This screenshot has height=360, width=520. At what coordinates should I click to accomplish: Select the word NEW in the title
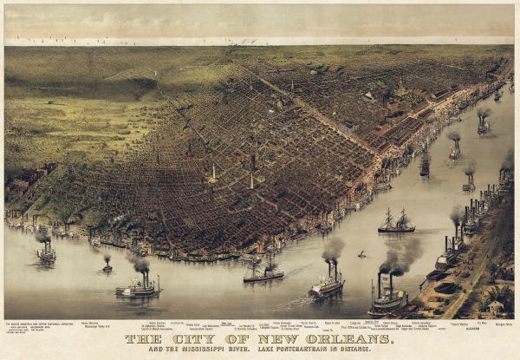[262, 339]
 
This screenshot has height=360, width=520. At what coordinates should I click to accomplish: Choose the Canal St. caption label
[328, 331]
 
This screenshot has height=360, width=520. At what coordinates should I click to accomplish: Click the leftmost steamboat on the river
[46, 252]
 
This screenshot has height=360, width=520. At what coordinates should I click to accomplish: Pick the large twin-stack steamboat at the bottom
[387, 299]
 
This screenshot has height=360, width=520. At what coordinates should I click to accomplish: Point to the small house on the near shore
[495, 307]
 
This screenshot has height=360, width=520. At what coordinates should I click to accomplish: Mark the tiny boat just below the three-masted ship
[361, 255]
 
